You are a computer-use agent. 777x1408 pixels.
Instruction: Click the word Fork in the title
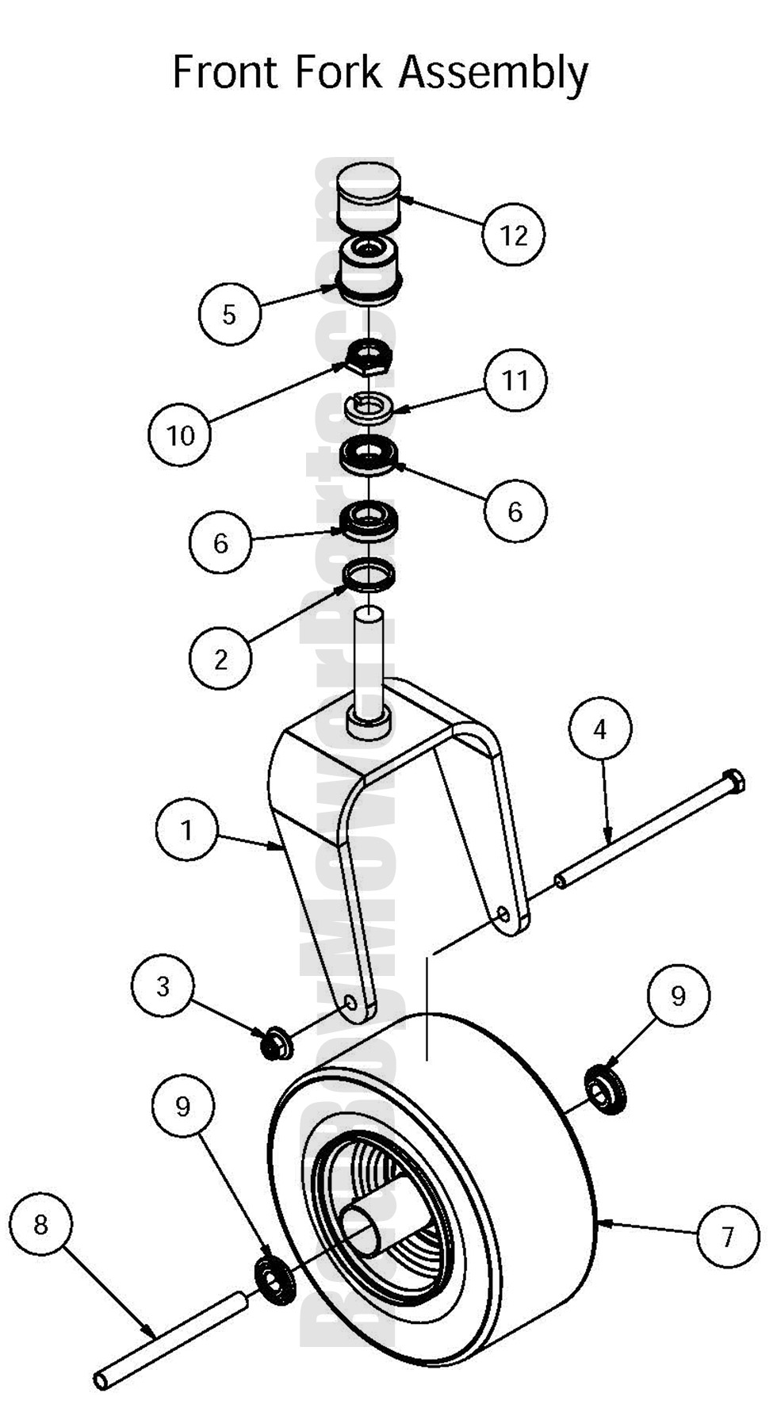click(341, 73)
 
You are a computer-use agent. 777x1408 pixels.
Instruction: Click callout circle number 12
click(514, 235)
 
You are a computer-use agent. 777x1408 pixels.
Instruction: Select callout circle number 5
click(229, 314)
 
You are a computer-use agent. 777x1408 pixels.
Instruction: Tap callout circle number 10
click(180, 434)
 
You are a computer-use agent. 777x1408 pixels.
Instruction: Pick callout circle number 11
click(515, 381)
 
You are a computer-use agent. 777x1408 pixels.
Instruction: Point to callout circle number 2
click(220, 659)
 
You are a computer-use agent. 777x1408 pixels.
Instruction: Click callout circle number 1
click(186, 830)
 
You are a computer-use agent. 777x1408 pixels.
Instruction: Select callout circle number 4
click(600, 729)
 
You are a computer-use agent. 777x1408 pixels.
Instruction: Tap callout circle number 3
click(163, 986)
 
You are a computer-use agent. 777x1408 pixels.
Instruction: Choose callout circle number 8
click(40, 1225)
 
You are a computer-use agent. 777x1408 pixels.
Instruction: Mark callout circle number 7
click(728, 1235)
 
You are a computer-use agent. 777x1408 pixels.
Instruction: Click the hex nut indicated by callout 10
click(368, 360)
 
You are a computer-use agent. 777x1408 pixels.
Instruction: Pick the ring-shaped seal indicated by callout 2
click(369, 575)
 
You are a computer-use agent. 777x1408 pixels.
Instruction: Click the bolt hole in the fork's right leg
click(502, 915)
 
